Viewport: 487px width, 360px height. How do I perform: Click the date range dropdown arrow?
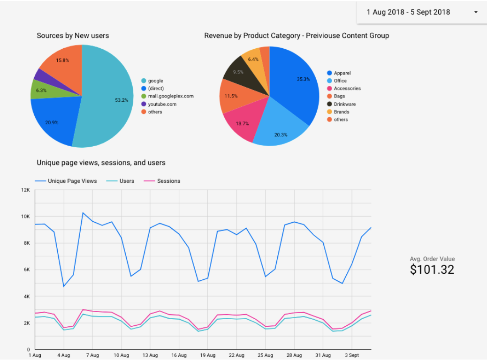click(x=476, y=12)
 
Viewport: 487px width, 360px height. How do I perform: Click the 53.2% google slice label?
click(x=121, y=100)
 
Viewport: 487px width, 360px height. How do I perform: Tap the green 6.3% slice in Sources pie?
click(x=40, y=90)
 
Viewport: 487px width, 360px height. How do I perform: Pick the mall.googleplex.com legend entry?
click(x=170, y=96)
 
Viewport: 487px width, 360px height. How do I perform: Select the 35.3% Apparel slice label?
click(x=304, y=79)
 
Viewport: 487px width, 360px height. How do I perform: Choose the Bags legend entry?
click(x=339, y=96)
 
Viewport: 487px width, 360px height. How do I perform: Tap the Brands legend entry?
click(x=341, y=112)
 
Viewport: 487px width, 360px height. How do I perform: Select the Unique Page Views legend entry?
click(x=72, y=181)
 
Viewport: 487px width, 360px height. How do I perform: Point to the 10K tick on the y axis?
click(x=25, y=217)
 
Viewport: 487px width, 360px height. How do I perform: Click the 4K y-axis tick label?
click(x=27, y=296)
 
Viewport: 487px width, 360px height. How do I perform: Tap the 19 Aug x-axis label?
click(x=208, y=355)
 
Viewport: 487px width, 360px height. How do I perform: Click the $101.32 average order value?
click(x=432, y=270)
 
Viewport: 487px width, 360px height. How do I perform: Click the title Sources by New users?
click(x=72, y=36)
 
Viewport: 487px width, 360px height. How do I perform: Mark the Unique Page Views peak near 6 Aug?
click(x=83, y=213)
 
